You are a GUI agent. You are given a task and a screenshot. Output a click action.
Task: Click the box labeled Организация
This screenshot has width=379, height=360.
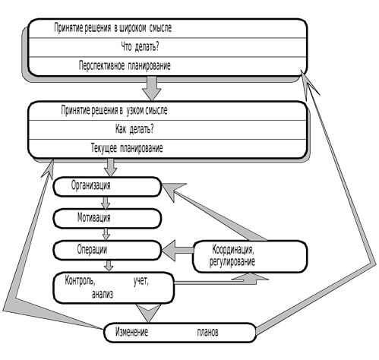tap(107, 187)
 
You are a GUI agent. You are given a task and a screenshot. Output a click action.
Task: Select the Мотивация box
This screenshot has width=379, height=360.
tap(107, 218)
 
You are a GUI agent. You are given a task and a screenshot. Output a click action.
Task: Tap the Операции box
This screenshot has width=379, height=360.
tap(107, 250)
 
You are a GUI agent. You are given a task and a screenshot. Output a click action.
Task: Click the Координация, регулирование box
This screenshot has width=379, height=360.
tap(250, 257)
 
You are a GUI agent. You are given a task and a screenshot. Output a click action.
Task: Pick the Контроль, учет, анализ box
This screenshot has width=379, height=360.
tap(114, 288)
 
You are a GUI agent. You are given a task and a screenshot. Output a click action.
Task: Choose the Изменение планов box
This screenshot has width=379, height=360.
tap(180, 333)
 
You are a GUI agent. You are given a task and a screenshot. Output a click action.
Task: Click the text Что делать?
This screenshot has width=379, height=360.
tap(140, 47)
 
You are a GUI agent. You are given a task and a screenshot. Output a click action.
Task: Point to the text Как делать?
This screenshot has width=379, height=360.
tap(134, 129)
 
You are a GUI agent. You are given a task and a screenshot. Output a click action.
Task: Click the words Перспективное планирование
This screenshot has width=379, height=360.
tap(125, 66)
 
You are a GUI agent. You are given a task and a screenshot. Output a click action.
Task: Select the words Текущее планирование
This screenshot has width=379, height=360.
tap(127, 148)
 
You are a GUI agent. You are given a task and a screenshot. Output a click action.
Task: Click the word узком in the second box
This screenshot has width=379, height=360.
tap(134, 110)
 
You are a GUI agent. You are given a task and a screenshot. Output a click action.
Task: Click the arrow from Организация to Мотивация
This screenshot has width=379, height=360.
tap(106, 203)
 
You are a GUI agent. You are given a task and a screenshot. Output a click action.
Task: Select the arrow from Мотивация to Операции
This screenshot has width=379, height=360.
tap(106, 234)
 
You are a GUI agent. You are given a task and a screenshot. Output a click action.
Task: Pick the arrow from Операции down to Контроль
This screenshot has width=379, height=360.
tap(109, 266)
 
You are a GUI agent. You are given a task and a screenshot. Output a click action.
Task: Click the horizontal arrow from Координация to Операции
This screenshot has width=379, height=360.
tap(177, 250)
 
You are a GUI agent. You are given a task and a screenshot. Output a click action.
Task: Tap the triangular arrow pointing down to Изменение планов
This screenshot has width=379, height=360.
tap(148, 313)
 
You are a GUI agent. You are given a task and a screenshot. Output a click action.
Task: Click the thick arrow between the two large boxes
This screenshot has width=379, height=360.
tap(151, 88)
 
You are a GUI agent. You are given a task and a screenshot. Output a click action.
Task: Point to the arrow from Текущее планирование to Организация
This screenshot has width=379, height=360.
tap(110, 168)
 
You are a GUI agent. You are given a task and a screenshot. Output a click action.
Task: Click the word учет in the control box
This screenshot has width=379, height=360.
tap(141, 281)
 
